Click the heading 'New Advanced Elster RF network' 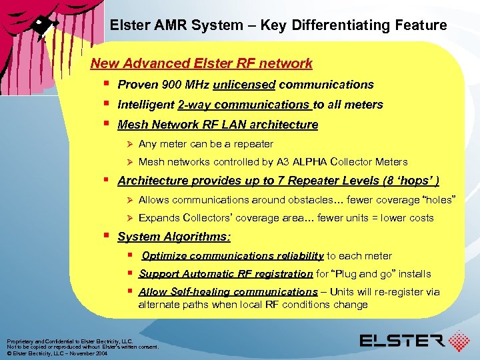pos(201,63)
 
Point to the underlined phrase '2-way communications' pos(244,105)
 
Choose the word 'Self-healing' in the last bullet pos(196,292)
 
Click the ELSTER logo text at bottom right pos(403,341)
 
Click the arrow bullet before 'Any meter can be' pos(130,144)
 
